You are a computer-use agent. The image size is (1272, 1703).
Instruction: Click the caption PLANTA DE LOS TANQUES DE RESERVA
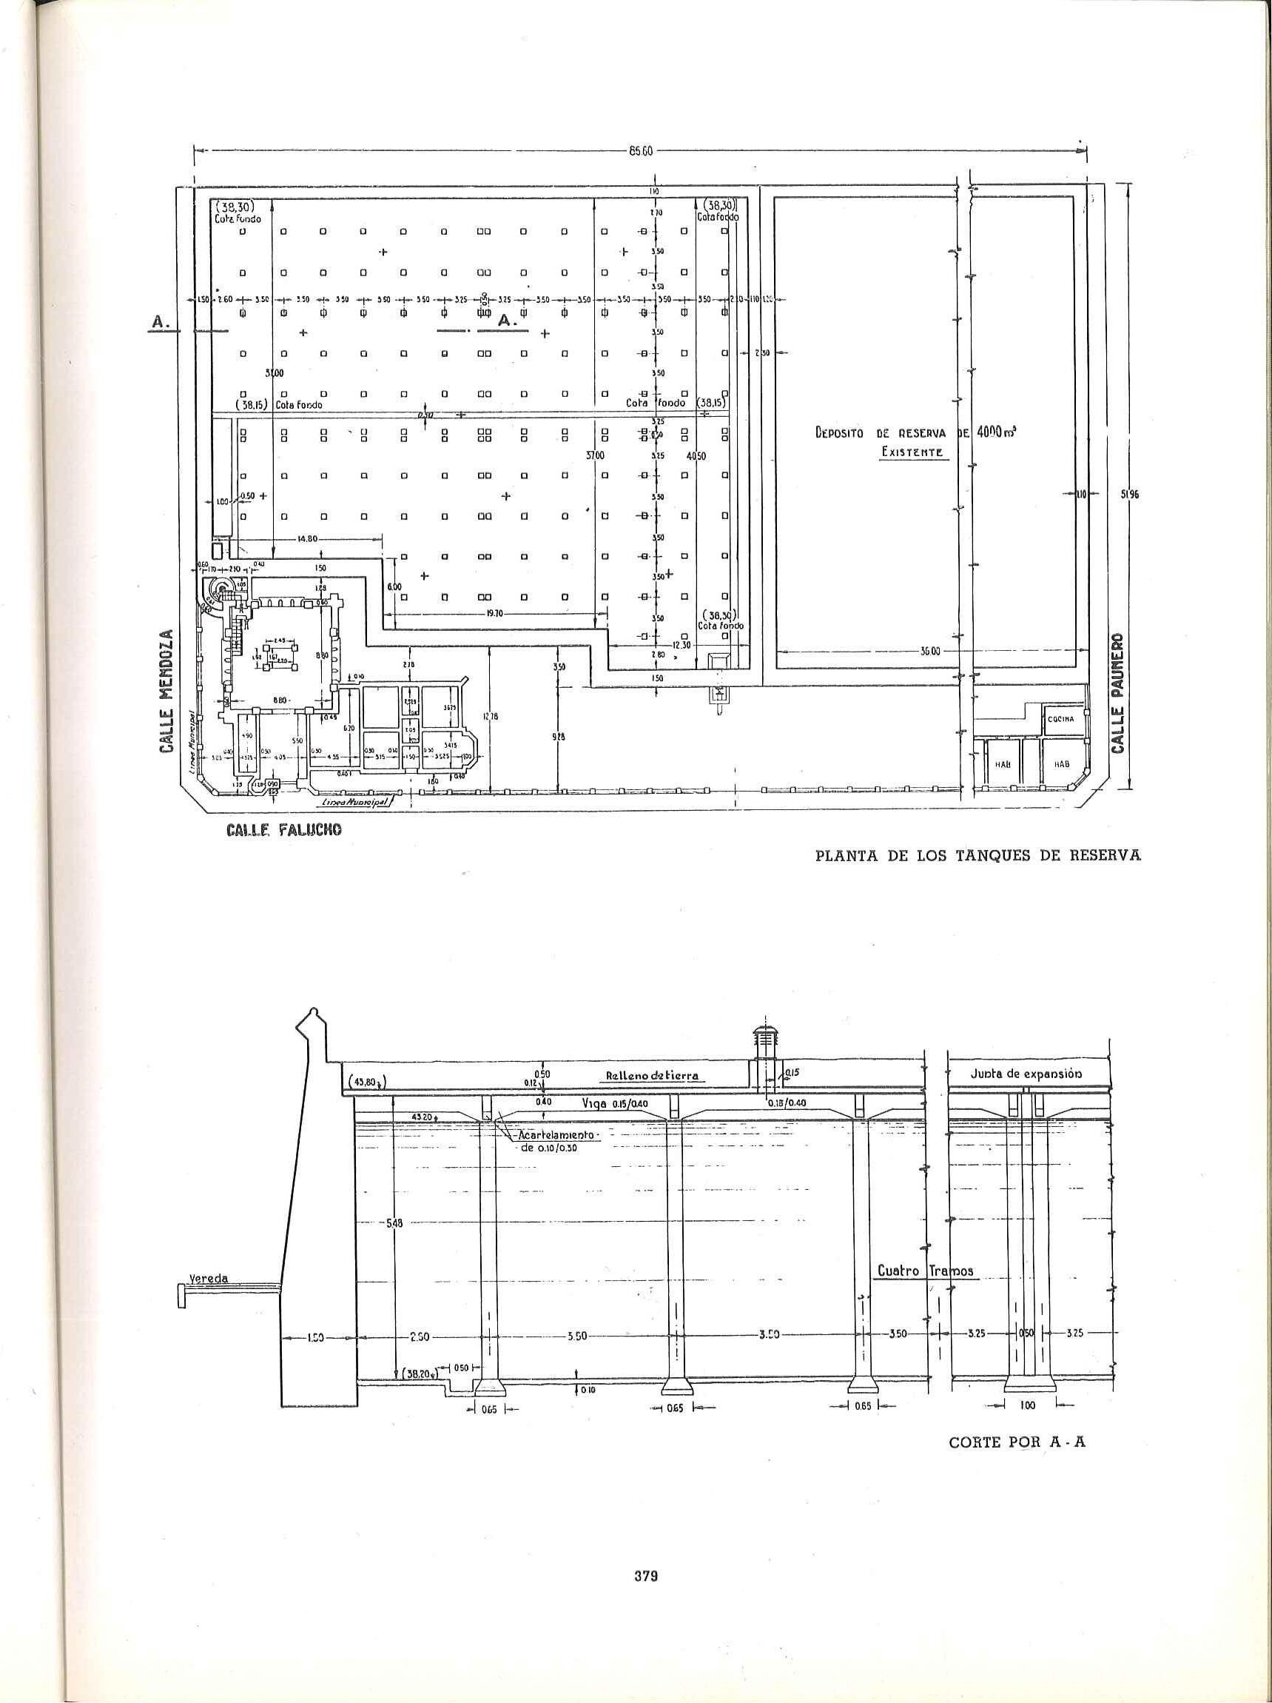977,856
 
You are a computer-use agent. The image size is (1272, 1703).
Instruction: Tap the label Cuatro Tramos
927,1271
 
